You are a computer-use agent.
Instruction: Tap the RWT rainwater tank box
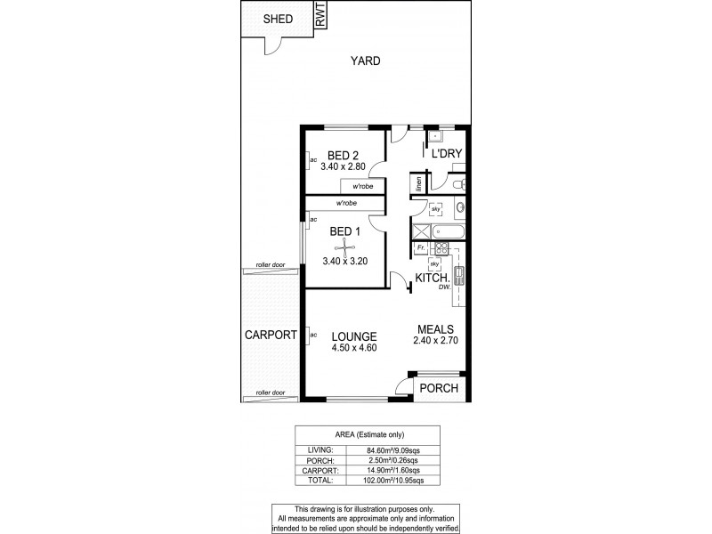[x=320, y=15]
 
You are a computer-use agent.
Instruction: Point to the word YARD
[x=365, y=61]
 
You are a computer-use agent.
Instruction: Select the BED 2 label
[x=343, y=153]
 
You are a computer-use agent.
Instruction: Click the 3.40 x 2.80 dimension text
[x=343, y=166]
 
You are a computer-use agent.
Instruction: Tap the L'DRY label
[x=446, y=154]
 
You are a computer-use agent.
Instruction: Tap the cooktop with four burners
[x=441, y=249]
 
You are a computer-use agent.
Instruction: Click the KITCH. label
[x=433, y=279]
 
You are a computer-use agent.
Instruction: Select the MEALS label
[x=433, y=328]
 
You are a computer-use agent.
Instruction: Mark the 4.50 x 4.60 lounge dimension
[x=354, y=348]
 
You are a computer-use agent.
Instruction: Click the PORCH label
[x=440, y=388]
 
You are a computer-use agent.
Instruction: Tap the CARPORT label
[x=271, y=336]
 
